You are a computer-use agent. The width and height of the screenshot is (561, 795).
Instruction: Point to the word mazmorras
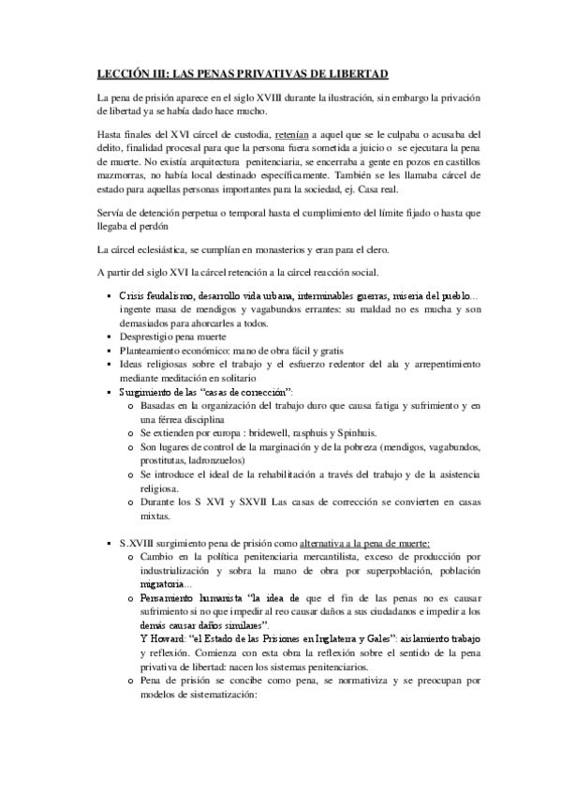click(123, 174)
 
